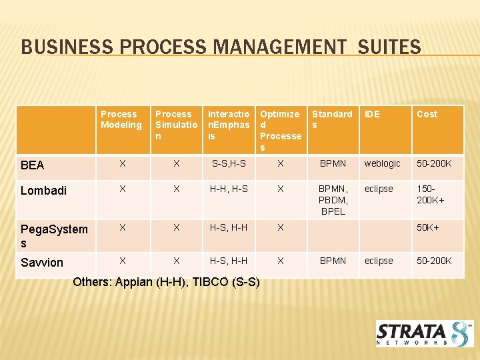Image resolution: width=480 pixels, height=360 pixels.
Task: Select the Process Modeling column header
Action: [x=121, y=119]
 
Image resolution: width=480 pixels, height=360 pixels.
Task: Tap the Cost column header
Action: [x=427, y=114]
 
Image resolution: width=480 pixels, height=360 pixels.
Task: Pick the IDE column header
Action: [x=373, y=114]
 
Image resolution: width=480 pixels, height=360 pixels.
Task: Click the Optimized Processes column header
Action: [x=280, y=131]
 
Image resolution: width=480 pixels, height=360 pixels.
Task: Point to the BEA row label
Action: [x=33, y=165]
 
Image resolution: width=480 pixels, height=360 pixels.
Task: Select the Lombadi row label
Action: [x=43, y=191]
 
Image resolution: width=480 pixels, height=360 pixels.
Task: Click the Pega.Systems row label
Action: [x=53, y=236]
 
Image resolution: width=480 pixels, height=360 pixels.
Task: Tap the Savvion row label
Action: [x=41, y=263]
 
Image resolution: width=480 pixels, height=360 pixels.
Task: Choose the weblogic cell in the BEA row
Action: [x=382, y=163]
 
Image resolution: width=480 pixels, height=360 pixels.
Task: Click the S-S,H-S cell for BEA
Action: [x=228, y=163]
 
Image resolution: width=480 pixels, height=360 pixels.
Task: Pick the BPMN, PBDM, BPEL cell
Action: [x=333, y=200]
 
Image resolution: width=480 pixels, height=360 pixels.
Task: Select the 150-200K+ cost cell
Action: [x=431, y=194]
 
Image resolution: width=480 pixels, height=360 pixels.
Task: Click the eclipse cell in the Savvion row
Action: [x=379, y=261]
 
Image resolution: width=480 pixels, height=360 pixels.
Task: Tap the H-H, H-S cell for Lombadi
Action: [x=229, y=189]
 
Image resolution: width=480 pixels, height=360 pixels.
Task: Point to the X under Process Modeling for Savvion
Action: [x=122, y=261]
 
